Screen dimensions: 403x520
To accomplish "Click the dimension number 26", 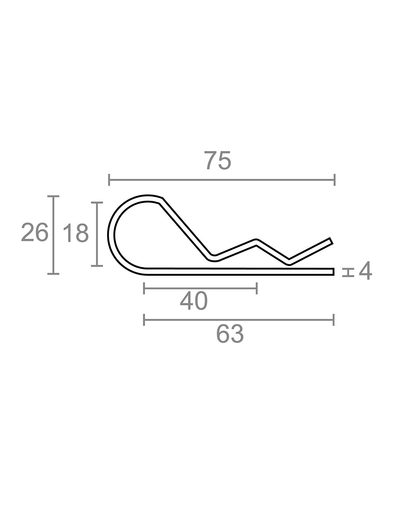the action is [x=35, y=232].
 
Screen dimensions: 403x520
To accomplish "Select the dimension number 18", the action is [x=76, y=233].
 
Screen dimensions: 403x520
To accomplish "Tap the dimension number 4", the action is [x=365, y=271].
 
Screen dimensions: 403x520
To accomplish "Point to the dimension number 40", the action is [x=194, y=301].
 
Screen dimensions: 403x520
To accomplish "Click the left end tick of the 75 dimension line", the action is [x=109, y=180].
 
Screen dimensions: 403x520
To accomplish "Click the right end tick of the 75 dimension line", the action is [x=334, y=180].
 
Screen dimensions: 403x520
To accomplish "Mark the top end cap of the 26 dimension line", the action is [x=53, y=196].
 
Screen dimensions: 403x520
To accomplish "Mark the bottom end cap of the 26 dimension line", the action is [x=53, y=274].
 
